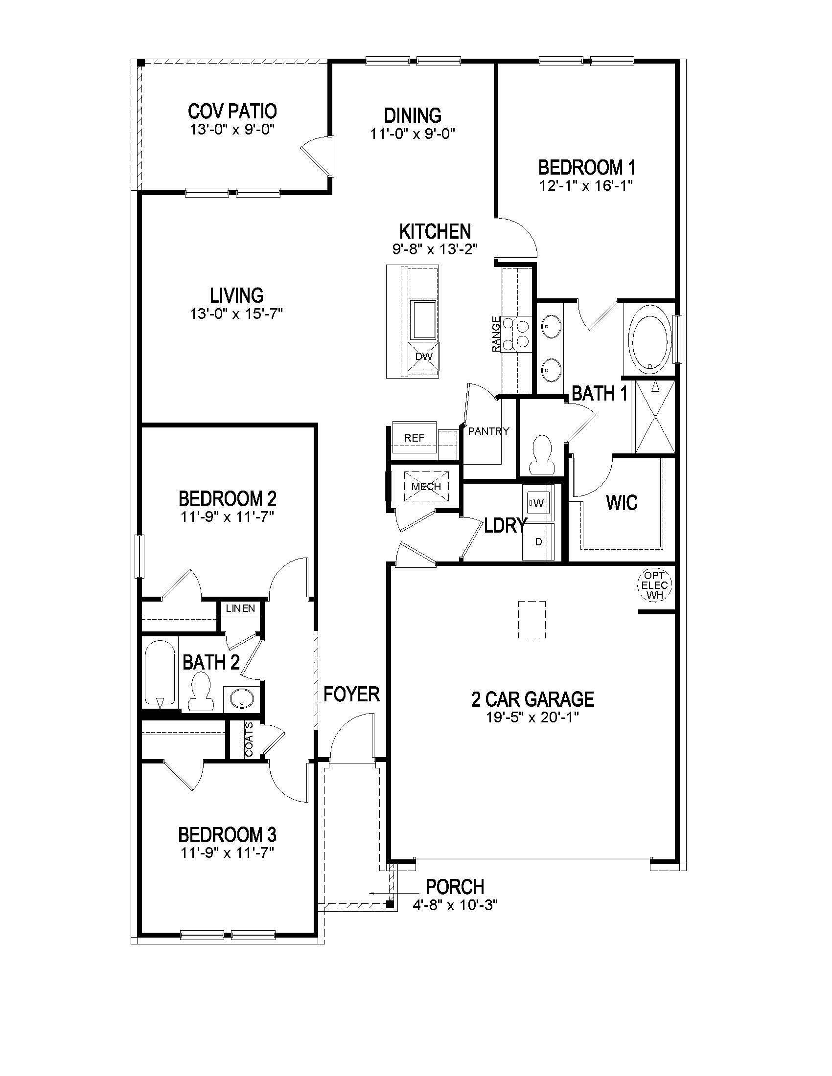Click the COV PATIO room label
232,112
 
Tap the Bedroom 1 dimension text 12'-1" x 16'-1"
586,186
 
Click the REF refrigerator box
414,438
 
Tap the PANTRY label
488,431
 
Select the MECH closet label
426,487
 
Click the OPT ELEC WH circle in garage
655,585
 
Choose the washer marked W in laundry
539,503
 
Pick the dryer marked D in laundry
539,541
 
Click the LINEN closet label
240,608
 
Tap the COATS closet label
250,739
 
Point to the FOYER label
351,694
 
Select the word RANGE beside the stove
496,334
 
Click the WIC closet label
622,503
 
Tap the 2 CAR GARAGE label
533,699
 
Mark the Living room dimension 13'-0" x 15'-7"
236,314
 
